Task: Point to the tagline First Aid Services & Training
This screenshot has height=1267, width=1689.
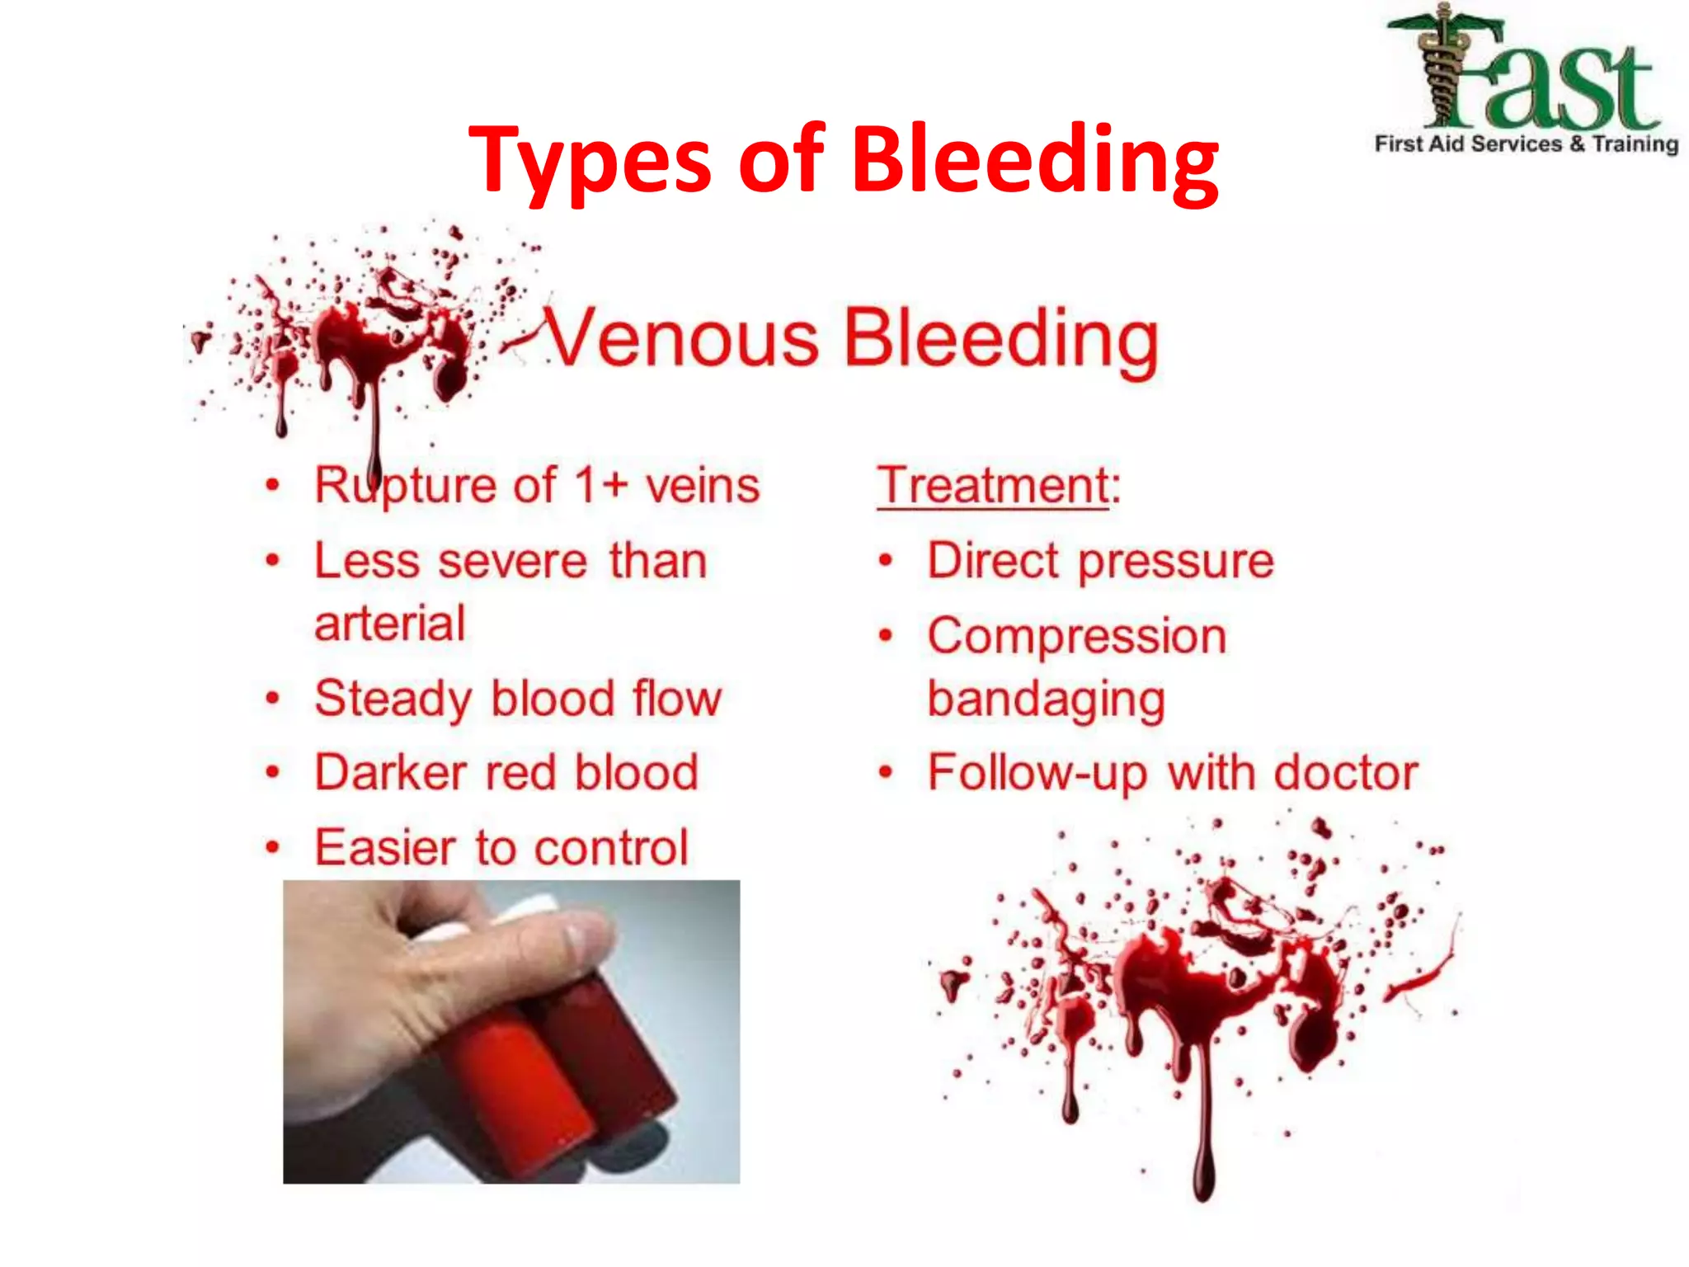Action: (x=1526, y=144)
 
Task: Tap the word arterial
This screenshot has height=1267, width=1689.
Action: (x=390, y=624)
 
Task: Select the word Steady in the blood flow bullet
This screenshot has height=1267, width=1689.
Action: (x=394, y=699)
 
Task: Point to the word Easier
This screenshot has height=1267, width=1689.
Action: (x=386, y=847)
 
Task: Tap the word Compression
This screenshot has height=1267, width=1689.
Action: (x=1077, y=637)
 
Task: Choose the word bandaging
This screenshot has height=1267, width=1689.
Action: (x=1047, y=699)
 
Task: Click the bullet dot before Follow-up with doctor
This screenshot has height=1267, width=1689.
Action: (x=886, y=773)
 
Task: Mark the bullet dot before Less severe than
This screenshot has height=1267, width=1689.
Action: (x=273, y=561)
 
